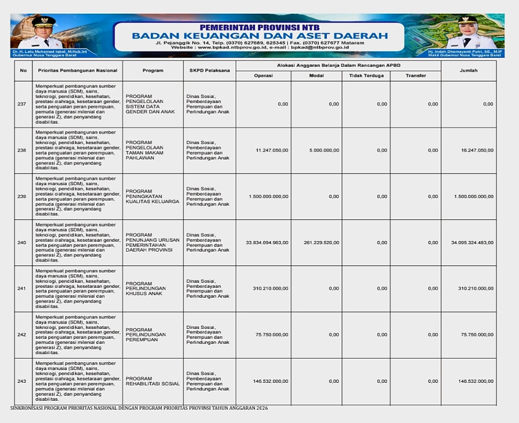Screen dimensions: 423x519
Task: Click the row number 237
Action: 22,104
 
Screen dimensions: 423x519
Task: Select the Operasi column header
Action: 263,76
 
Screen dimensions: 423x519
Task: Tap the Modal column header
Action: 316,76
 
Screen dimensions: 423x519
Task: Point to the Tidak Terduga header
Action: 366,76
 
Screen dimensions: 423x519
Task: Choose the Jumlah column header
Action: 468,70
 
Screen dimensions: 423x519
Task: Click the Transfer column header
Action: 415,76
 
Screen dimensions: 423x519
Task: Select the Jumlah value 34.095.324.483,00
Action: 472,243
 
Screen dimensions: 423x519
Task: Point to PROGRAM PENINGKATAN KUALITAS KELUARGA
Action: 152,196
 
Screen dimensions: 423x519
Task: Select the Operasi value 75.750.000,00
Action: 272,335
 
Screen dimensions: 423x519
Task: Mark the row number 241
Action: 22,288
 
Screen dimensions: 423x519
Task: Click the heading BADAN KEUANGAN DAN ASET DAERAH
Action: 260,36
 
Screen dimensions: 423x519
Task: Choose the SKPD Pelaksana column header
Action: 209,70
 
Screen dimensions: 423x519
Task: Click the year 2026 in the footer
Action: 262,408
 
